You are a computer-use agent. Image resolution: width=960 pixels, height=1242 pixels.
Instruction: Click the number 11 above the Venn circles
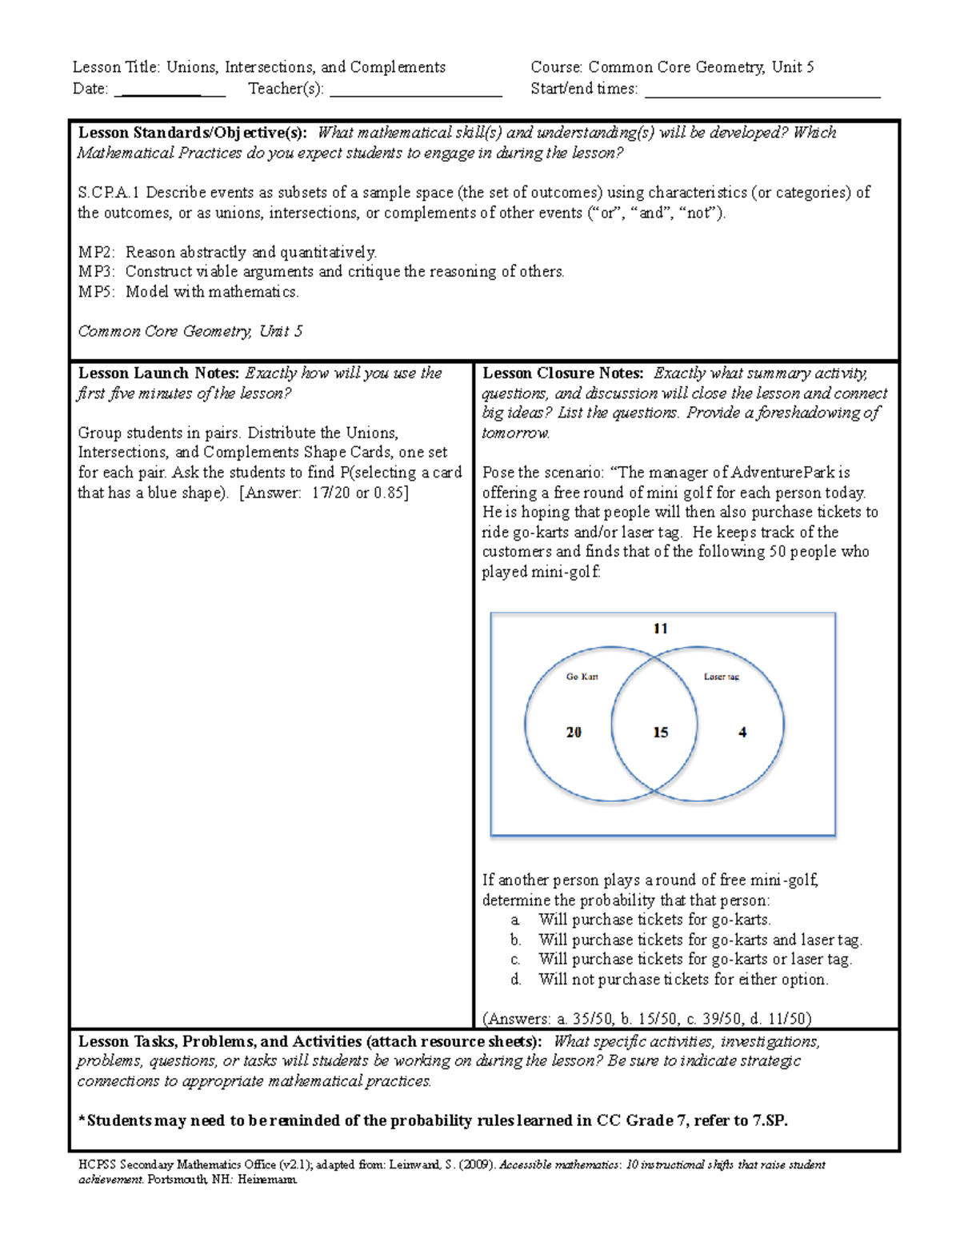pos(660,629)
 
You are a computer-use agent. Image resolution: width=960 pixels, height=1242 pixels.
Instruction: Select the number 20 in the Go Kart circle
pos(574,732)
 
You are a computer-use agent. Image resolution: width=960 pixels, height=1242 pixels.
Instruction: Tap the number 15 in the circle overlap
pos(660,732)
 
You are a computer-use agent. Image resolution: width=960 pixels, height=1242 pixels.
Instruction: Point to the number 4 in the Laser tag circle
pos(742,732)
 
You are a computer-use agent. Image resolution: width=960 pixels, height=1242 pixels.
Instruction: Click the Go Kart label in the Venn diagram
pos(582,677)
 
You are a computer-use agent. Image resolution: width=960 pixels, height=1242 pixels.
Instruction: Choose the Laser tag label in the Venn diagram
pos(721,677)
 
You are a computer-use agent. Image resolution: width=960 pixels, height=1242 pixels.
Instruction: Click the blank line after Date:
pos(170,90)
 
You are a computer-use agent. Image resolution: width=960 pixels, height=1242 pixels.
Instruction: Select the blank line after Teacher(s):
pos(415,90)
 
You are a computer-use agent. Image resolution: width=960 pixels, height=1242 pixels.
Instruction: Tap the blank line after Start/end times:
pos(762,90)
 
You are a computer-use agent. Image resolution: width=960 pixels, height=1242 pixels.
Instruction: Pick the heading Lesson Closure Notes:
pos(562,373)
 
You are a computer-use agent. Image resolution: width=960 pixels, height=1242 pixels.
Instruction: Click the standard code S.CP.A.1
pos(109,193)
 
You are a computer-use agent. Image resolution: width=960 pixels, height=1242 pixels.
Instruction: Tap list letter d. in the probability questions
pos(516,980)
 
